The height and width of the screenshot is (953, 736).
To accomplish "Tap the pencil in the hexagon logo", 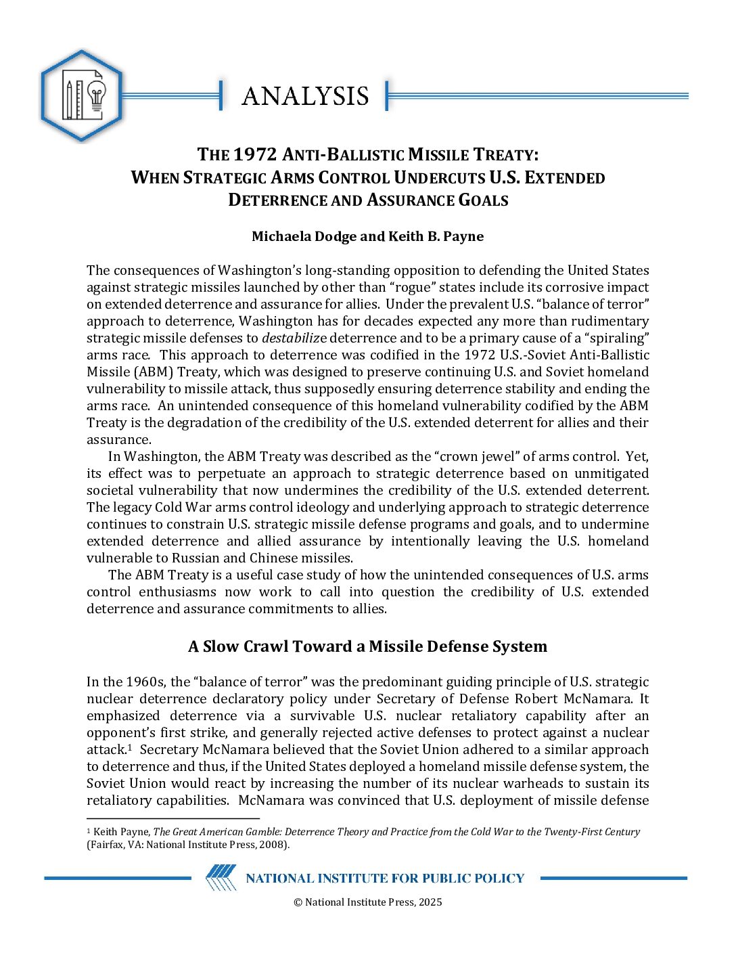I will pyautogui.click(x=68, y=99).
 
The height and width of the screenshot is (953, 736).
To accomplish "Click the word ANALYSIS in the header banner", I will pyautogui.click(x=305, y=96).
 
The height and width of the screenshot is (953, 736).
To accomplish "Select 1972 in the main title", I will pyautogui.click(x=255, y=154).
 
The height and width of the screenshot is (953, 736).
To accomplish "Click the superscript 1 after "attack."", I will pyautogui.click(x=129, y=747).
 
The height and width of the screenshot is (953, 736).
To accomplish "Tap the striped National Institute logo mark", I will pyautogui.click(x=221, y=878).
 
